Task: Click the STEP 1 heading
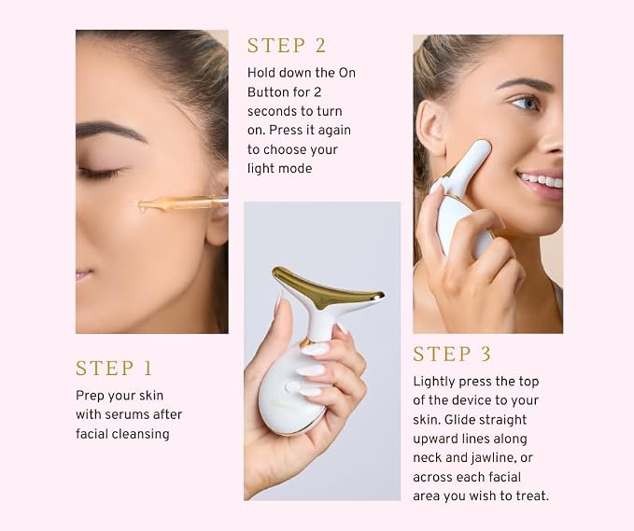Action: pyautogui.click(x=114, y=368)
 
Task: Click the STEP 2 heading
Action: pyautogui.click(x=287, y=45)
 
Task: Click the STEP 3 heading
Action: pyautogui.click(x=452, y=354)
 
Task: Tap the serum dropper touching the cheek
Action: pyautogui.click(x=182, y=203)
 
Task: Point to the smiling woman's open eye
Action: pyautogui.click(x=526, y=103)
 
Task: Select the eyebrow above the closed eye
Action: pyautogui.click(x=110, y=133)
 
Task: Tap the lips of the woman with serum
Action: pyautogui.click(x=83, y=274)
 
